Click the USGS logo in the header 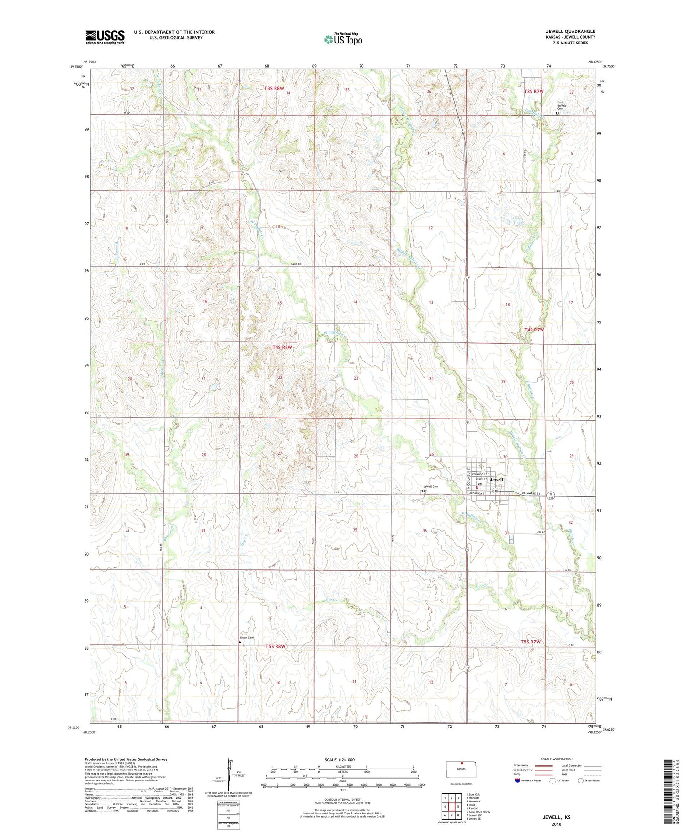105,37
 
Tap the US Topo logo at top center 343,39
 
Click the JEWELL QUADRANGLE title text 570,32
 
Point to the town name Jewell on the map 497,479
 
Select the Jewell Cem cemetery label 430,486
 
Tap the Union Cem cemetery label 247,638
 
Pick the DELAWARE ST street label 529,493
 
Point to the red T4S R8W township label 282,347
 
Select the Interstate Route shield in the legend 518,781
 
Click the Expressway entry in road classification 520,765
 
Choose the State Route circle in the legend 580,781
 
